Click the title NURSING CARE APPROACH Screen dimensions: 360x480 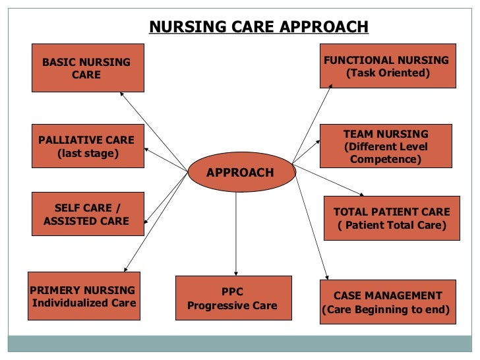tap(258, 27)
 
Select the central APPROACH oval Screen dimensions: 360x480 tap(240, 173)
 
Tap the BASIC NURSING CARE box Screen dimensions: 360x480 tap(87, 68)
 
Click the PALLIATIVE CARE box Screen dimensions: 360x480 tap(87, 146)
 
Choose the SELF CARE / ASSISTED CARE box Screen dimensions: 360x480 tap(87, 214)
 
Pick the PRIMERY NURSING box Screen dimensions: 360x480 tap(84, 296)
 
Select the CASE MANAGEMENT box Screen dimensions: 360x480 tap(388, 302)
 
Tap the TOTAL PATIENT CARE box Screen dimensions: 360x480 tap(392, 218)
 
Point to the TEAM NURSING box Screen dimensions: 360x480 tap(386, 146)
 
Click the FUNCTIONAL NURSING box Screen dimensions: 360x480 tap(388, 66)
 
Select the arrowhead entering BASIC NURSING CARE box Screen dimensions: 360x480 tap(122, 94)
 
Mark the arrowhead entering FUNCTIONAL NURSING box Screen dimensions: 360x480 tap(333, 90)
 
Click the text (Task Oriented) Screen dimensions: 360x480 tap(388, 73)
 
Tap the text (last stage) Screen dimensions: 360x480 tap(88, 154)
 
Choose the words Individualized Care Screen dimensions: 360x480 tap(84, 303)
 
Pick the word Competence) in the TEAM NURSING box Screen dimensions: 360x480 tap(386, 159)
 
